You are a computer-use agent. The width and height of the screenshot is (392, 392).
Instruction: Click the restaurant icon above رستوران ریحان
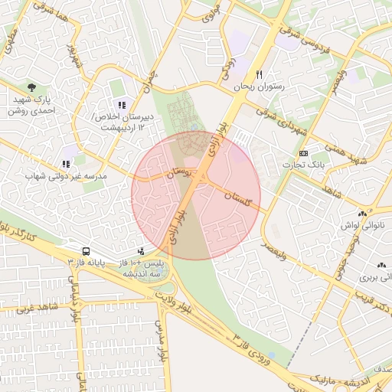pos(260,75)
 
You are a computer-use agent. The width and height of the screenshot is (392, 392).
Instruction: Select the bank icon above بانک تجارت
pos(304,153)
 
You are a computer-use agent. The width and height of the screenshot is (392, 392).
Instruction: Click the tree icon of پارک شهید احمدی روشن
pos(31,88)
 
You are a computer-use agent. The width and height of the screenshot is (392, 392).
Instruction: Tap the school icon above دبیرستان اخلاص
pos(120,105)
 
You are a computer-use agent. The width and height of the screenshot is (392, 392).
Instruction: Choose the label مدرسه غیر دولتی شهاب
pos(65,176)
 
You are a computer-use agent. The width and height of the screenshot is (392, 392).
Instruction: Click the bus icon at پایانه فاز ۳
pos(85,251)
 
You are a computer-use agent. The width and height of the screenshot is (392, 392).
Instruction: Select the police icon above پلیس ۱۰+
pos(140,251)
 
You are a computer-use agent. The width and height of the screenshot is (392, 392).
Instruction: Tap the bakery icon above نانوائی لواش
pos(361,214)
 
